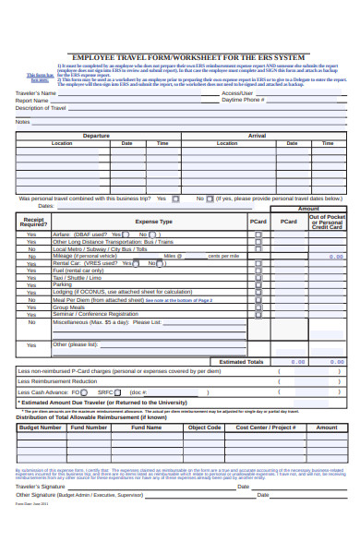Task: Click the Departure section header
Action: tap(96, 136)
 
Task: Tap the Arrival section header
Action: tap(258, 136)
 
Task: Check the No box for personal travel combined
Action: tap(210, 199)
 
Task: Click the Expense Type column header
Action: tap(153, 222)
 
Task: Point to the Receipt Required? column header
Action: tap(33, 222)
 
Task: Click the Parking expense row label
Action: tap(64, 284)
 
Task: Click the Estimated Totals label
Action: tap(240, 362)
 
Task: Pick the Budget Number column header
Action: tap(40, 428)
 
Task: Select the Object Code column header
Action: tap(204, 428)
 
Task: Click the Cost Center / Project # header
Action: tap(266, 428)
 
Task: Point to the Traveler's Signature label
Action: tap(41, 486)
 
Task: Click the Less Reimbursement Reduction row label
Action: tap(64, 380)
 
